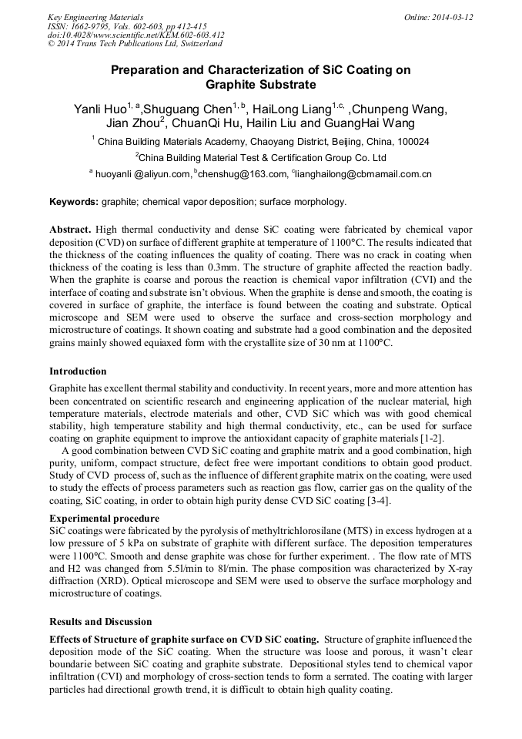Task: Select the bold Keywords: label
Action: coord(74,202)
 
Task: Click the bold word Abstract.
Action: coord(70,230)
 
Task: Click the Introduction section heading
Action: coord(78,371)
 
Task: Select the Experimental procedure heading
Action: coord(104,519)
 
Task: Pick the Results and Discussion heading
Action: coord(101,622)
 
